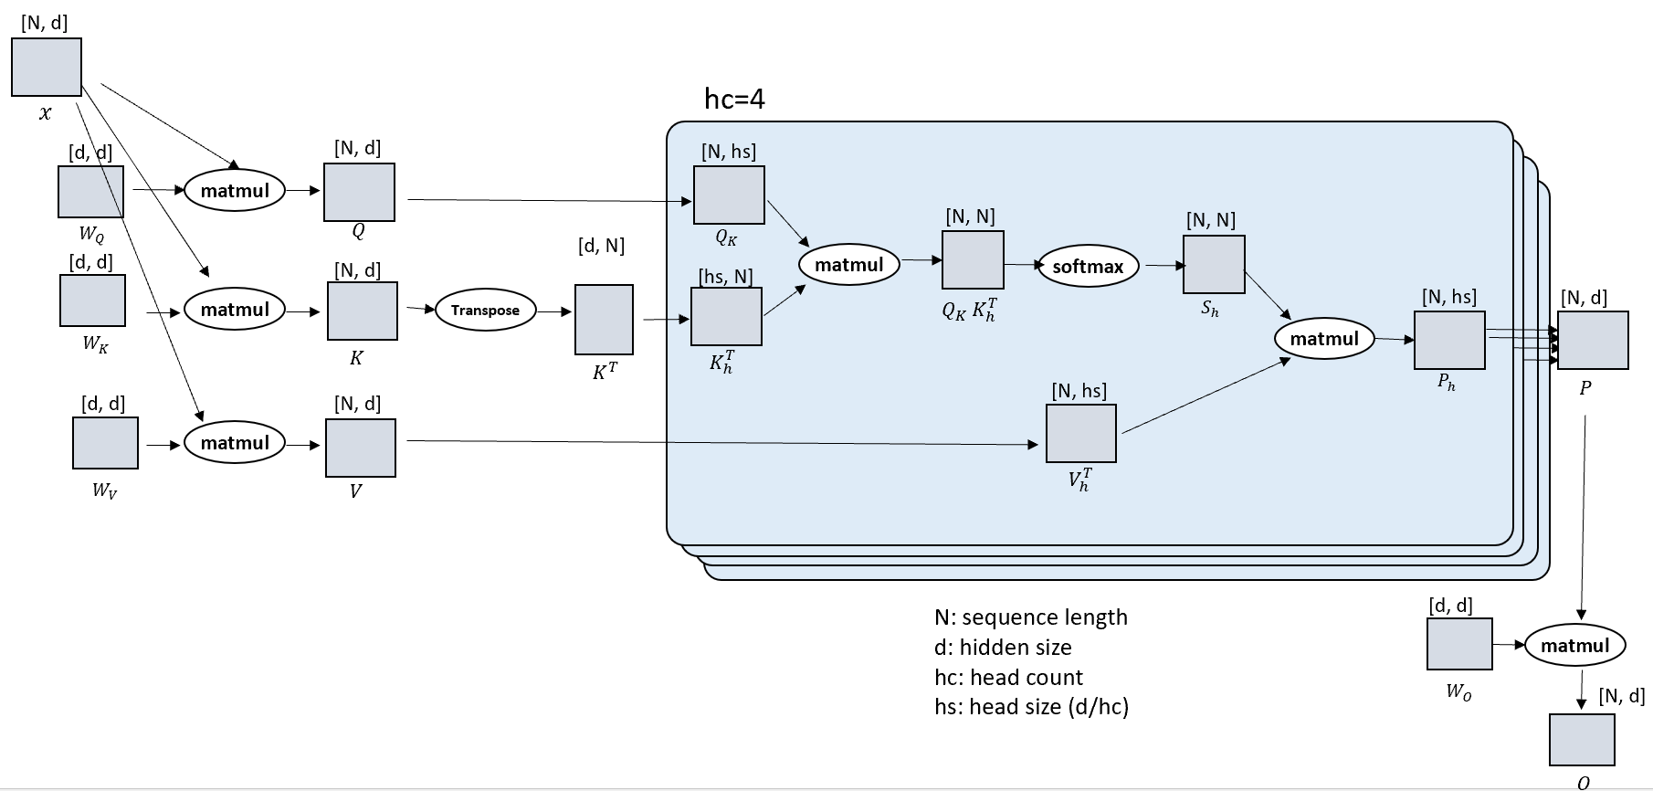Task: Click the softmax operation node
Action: [1088, 267]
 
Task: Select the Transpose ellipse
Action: [485, 311]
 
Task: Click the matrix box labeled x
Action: [47, 67]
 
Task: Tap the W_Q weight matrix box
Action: [90, 192]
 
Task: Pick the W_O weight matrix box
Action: [1459, 644]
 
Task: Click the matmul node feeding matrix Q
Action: [235, 191]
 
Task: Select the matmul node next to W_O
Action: [1574, 646]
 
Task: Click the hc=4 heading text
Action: [734, 99]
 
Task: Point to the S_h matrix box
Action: [1214, 265]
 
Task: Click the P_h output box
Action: [1449, 340]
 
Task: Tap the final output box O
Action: [1582, 740]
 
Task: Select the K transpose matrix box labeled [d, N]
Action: [604, 320]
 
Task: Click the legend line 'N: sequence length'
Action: [1030, 617]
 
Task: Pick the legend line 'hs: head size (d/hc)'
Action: [1031, 707]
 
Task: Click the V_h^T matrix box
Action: [1080, 433]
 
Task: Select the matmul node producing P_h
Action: [1324, 339]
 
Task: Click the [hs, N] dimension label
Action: [725, 277]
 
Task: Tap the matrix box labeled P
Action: [1593, 340]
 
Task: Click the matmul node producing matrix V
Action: [235, 443]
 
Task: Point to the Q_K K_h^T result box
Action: [973, 260]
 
